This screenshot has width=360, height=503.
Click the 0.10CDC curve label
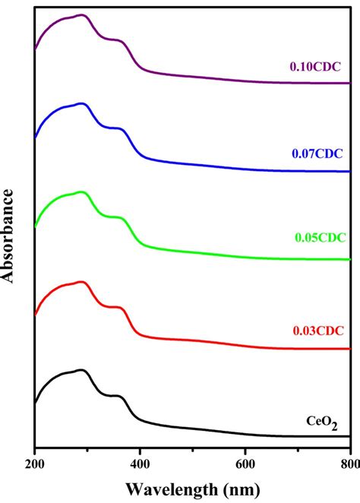click(x=317, y=66)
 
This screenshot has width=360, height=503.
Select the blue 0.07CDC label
click(x=317, y=153)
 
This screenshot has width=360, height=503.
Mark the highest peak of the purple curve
click(x=81, y=14)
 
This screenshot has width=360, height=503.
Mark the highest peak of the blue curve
click(x=81, y=103)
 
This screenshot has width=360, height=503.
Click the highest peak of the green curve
click(x=81, y=192)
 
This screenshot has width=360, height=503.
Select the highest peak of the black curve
click(x=81, y=370)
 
